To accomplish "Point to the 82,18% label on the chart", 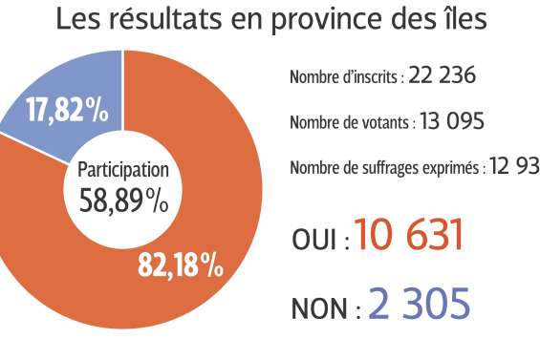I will coord(181,265).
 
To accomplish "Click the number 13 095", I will coord(451,122).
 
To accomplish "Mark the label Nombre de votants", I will coord(350,123).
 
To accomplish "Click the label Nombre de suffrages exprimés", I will coord(385,169).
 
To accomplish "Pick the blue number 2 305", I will coord(419,305).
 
